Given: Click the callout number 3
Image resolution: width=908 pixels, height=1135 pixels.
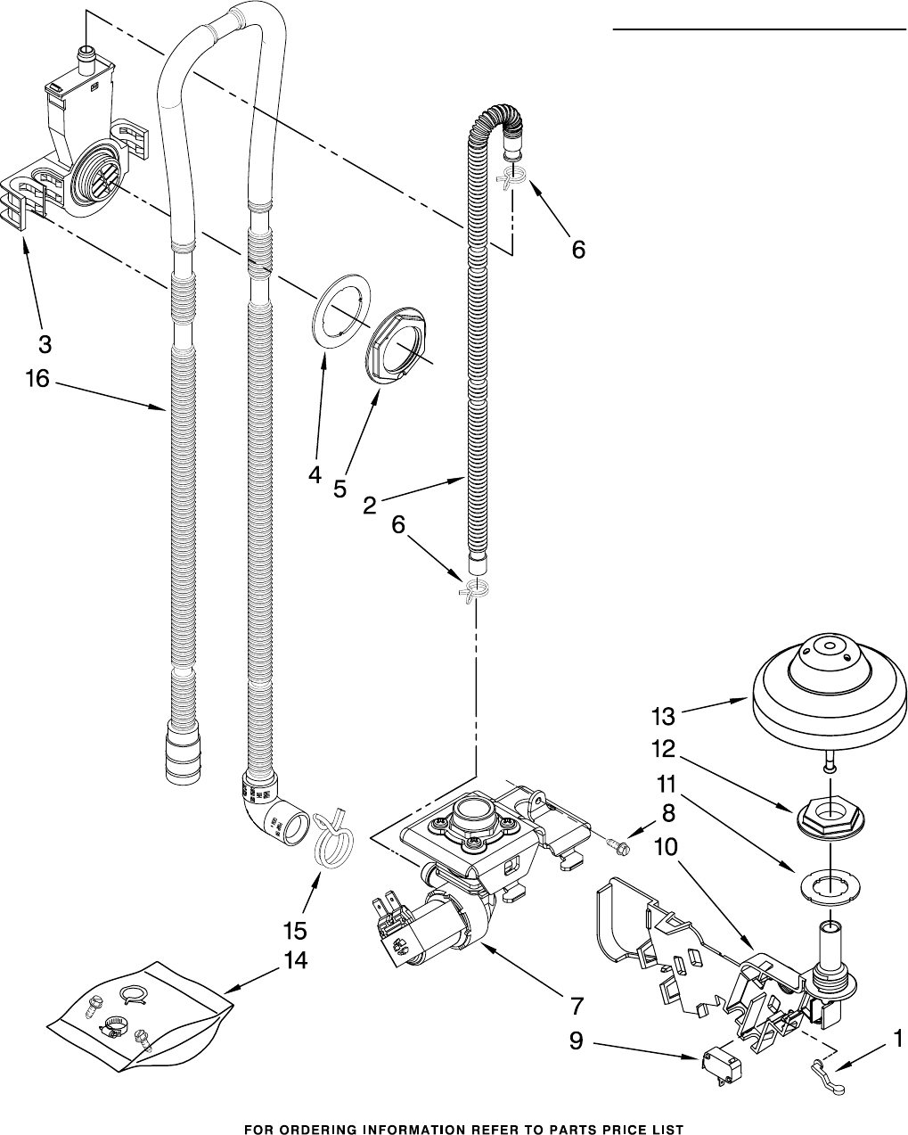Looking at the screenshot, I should [x=45, y=343].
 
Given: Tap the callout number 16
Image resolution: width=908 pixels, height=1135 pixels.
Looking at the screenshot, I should [x=37, y=379].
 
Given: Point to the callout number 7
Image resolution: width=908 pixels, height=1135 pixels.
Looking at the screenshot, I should [x=577, y=1007].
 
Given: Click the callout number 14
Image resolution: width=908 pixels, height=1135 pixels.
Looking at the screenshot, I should [x=295, y=960].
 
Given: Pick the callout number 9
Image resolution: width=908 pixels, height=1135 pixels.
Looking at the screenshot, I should [x=577, y=1040].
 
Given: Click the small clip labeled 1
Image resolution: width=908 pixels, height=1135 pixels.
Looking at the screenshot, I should [x=827, y=1068].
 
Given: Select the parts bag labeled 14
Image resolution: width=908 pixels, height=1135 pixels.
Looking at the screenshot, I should [x=138, y=1008].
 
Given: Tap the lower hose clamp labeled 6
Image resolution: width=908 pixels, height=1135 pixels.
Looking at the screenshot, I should [x=474, y=589].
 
